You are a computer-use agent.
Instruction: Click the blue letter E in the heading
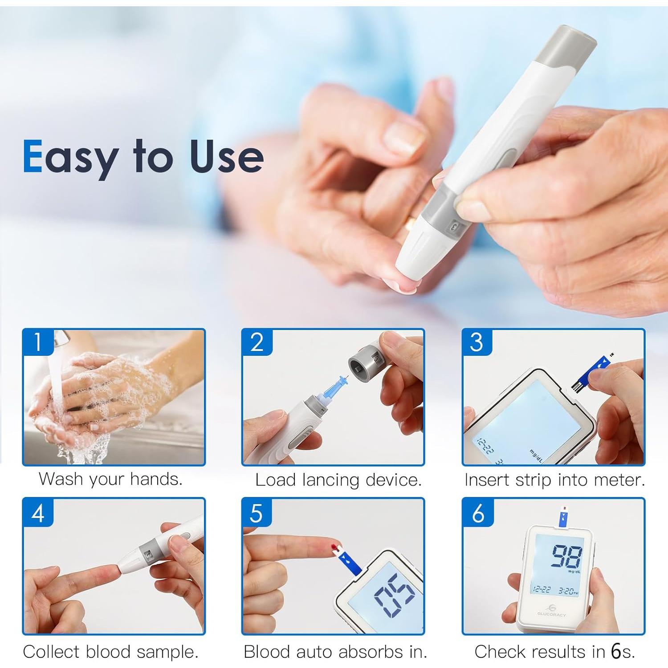click(x=33, y=156)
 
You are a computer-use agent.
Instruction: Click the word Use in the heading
click(x=227, y=156)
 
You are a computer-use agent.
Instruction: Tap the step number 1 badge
click(x=38, y=342)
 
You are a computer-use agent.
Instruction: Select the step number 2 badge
click(x=257, y=342)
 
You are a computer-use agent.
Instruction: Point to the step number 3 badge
click(x=477, y=342)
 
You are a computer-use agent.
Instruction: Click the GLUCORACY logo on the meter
click(x=551, y=611)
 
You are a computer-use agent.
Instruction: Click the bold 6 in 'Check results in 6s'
click(x=616, y=652)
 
